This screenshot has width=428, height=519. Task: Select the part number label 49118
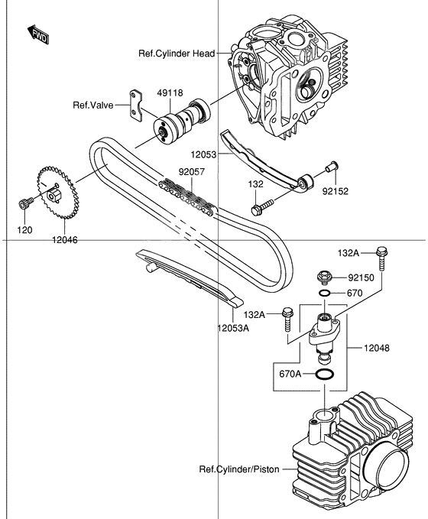[x=170, y=93]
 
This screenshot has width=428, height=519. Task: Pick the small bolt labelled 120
[x=22, y=204]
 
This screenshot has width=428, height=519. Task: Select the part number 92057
[x=192, y=173]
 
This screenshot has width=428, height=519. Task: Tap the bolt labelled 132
[x=261, y=207]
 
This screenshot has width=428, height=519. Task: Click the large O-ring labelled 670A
[x=324, y=375]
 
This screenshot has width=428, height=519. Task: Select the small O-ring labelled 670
[x=325, y=294]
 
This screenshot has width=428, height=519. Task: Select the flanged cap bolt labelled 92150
[x=324, y=277]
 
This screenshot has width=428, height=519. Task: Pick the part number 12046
[x=65, y=239]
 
